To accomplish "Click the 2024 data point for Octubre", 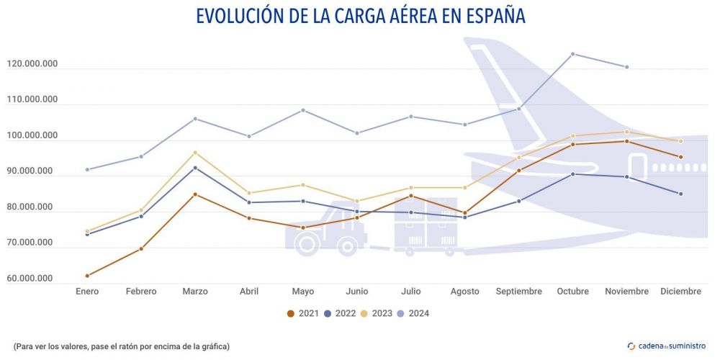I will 573,54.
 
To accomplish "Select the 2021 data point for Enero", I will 87,276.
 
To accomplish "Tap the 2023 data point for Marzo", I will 195,153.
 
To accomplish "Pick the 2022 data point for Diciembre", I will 680,194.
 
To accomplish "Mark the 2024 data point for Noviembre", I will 627,67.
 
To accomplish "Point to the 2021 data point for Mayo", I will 303,228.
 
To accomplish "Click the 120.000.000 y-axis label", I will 32,65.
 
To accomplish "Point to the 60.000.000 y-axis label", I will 32,279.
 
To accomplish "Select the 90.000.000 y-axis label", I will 32,171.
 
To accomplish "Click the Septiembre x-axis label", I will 519,292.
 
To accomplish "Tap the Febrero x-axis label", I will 141,292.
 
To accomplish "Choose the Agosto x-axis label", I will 465,292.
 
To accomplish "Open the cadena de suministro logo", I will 667,346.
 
